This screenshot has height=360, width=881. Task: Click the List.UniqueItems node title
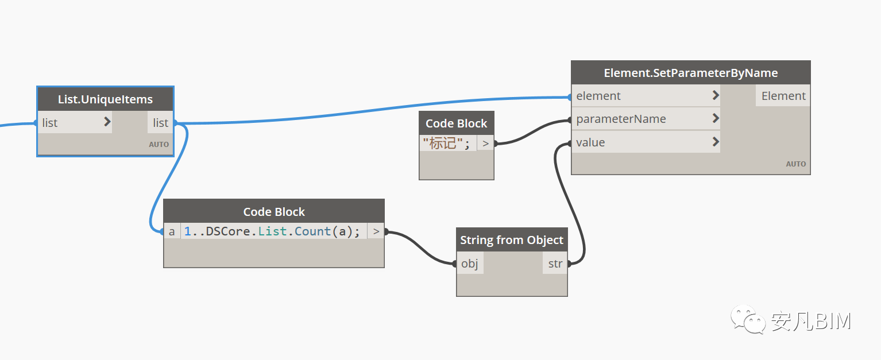click(x=105, y=99)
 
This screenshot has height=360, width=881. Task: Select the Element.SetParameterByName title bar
click(x=691, y=73)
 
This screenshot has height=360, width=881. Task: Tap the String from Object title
click(x=512, y=240)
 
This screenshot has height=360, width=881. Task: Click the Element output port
click(x=783, y=95)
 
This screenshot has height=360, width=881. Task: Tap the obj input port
click(x=470, y=263)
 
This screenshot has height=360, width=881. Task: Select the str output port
click(x=555, y=263)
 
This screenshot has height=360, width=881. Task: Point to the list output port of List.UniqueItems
click(x=160, y=122)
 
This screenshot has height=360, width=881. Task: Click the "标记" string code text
click(x=446, y=143)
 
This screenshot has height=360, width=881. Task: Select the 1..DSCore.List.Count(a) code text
click(x=272, y=231)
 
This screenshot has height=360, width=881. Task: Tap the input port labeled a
click(x=172, y=231)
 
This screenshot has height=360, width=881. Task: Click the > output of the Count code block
click(x=376, y=231)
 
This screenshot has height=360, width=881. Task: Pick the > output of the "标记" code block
click(x=486, y=143)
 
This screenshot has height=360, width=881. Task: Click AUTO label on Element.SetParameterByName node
click(x=795, y=164)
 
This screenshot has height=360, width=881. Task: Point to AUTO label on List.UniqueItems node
click(x=159, y=144)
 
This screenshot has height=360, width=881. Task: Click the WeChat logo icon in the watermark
click(x=748, y=319)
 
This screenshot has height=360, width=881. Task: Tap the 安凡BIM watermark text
click(x=811, y=321)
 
